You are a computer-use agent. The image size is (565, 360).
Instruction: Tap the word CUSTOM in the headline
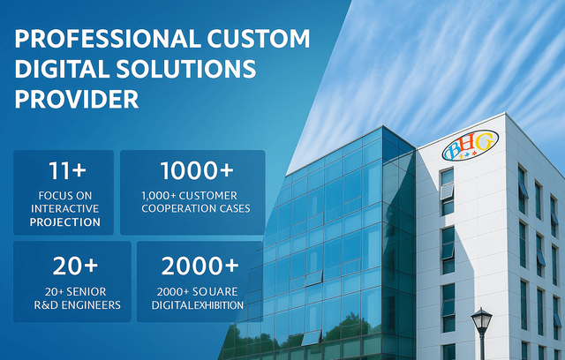click(259, 38)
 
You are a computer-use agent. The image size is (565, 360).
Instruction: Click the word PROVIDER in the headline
click(77, 99)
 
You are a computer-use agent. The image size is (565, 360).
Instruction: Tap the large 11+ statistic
click(67, 170)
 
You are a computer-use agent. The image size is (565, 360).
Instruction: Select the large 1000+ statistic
click(197, 170)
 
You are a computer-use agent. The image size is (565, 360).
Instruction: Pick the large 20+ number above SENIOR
click(75, 266)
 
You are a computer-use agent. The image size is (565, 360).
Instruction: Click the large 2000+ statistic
click(200, 266)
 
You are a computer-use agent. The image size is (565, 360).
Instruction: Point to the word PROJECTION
click(64, 222)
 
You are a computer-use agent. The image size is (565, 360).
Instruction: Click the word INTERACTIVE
click(64, 209)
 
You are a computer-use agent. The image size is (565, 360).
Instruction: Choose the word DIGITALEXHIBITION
click(198, 305)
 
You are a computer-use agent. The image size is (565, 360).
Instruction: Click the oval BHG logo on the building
click(471, 145)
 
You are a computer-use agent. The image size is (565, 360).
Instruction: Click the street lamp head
click(481, 320)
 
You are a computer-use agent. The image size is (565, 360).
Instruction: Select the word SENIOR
click(86, 291)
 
